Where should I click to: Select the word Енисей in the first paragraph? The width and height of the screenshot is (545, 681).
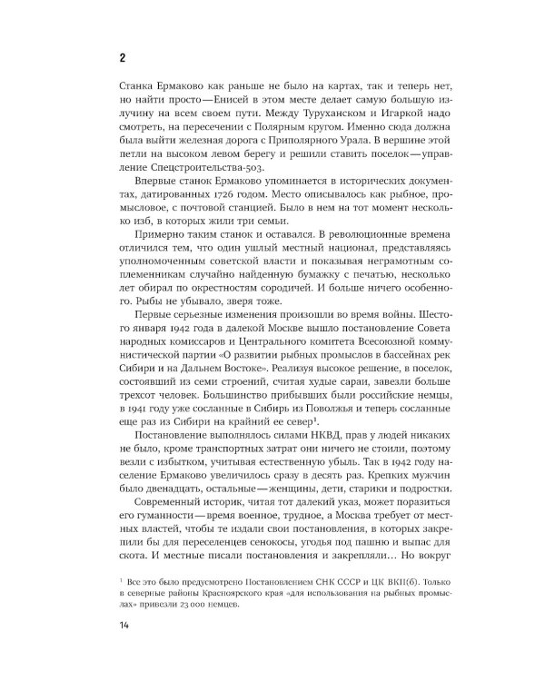point(242,106)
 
